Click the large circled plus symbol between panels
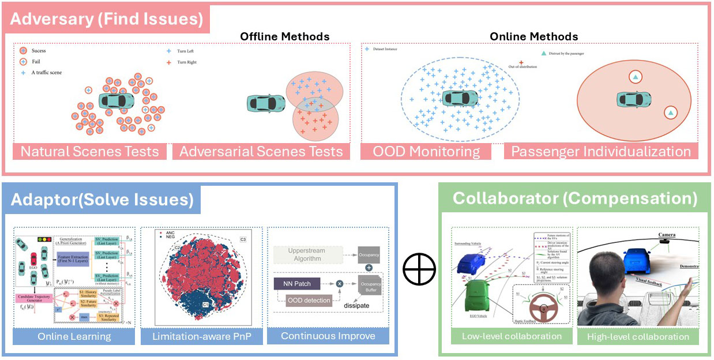[x=419, y=270]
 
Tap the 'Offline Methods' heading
[x=285, y=36]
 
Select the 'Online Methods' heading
[x=533, y=36]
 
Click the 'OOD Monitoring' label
[x=426, y=152]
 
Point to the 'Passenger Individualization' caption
[x=601, y=152]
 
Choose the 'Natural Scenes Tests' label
[x=89, y=152]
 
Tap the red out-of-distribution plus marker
[x=521, y=61]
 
